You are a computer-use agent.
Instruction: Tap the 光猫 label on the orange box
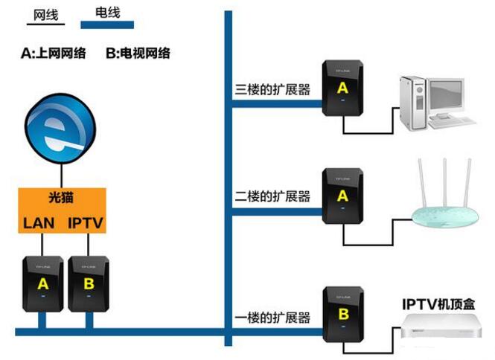pyautogui.click(x=63, y=199)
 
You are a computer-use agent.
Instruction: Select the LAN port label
pyautogui.click(x=39, y=222)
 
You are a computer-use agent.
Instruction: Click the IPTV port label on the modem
pyautogui.click(x=86, y=222)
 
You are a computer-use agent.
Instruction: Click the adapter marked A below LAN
pyautogui.click(x=42, y=283)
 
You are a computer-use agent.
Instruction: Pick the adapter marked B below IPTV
pyautogui.click(x=88, y=283)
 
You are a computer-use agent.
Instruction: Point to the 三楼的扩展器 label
pyautogui.click(x=270, y=91)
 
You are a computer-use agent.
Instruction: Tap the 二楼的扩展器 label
pyautogui.click(x=270, y=198)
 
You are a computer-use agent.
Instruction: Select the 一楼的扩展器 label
pyautogui.click(x=270, y=318)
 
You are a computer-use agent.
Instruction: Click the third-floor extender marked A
pyautogui.click(x=342, y=88)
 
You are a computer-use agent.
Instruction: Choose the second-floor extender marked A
pyautogui.click(x=342, y=196)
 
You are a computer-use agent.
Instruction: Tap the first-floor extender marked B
pyautogui.click(x=342, y=314)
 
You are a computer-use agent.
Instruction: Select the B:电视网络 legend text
pyautogui.click(x=138, y=53)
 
